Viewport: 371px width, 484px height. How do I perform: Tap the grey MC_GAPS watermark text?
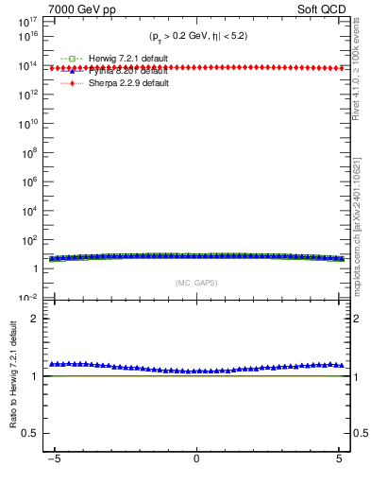(196, 283)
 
